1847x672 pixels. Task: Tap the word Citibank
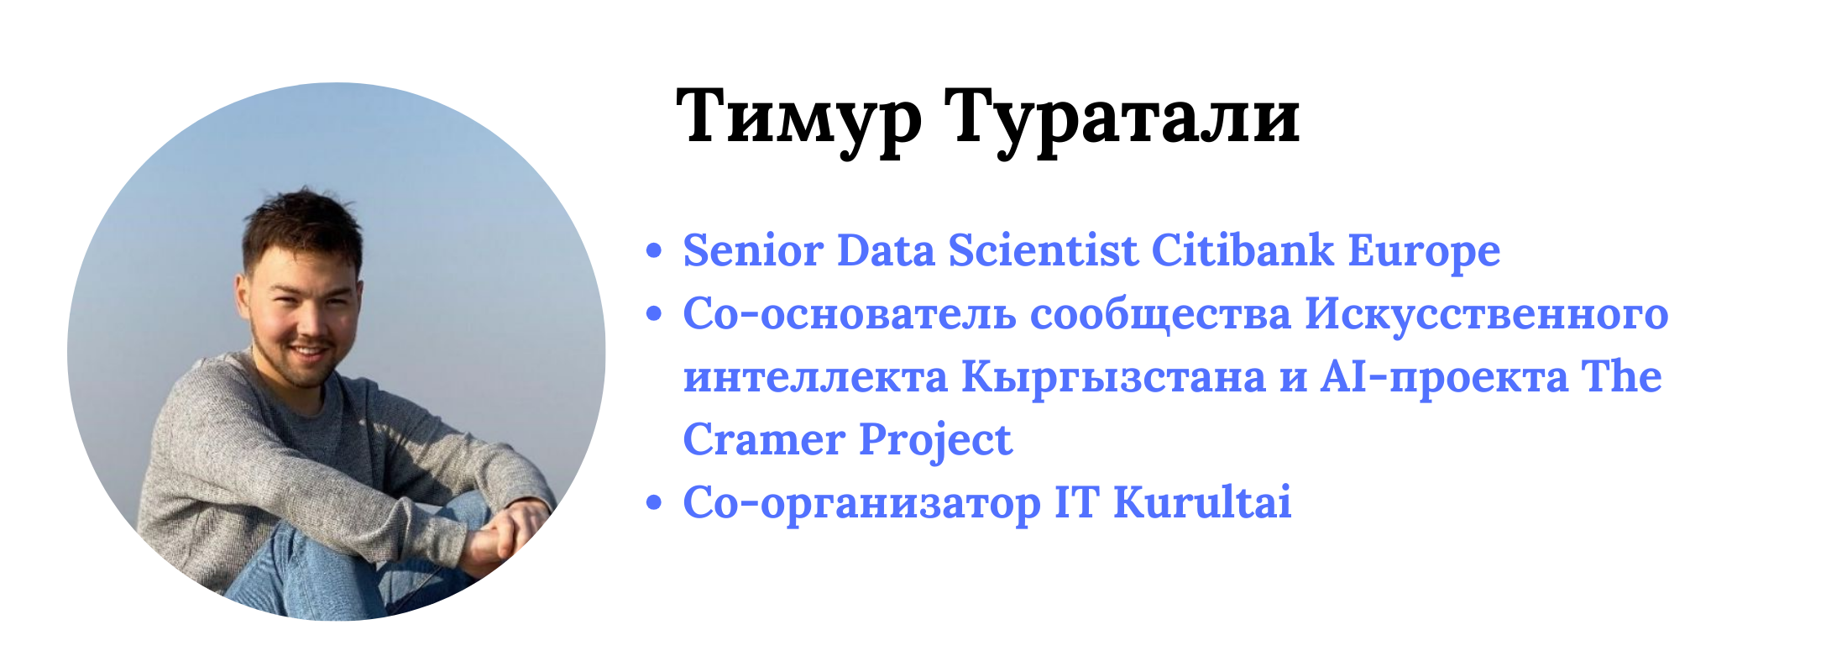(1243, 250)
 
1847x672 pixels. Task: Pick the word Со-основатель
(850, 314)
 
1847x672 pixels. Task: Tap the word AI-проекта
(1444, 377)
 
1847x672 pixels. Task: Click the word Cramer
(764, 440)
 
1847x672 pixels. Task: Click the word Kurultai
(1202, 502)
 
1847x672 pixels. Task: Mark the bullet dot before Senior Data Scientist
(654, 251)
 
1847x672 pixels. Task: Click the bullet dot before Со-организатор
(654, 503)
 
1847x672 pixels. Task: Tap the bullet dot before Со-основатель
(654, 314)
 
